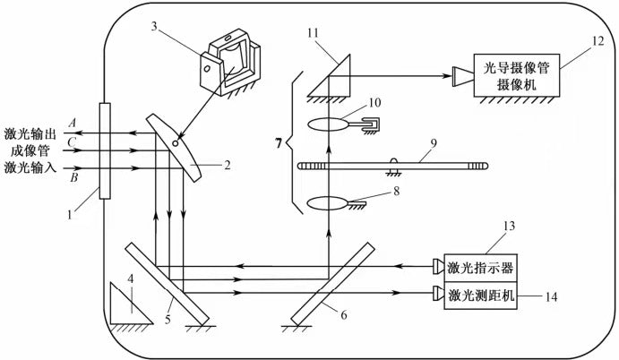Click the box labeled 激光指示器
coord(480,268)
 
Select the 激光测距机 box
coord(480,296)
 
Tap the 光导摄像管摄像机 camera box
coord(516,75)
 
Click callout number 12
coord(598,41)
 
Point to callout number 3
coord(154,27)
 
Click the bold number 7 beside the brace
coord(279,143)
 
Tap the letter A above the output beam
coord(73,124)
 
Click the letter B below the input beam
coord(74,177)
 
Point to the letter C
coord(72,141)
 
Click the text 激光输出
coord(30,133)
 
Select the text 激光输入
coord(30,167)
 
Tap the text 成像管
coord(30,150)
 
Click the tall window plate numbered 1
coord(105,150)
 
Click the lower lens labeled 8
coord(328,204)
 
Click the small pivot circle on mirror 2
coord(176,143)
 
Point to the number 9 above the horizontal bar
coord(434,143)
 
